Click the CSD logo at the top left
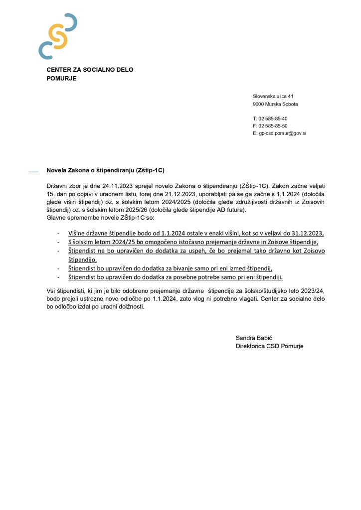coord(57,36)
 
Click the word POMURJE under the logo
coord(61,78)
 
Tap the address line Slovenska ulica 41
coord(273,96)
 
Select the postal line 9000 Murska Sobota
coord(275,104)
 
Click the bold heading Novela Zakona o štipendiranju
coord(105,170)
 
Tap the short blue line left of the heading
coord(33,172)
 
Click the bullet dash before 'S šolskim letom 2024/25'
coord(59,242)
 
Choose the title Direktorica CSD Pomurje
coord(269,346)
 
